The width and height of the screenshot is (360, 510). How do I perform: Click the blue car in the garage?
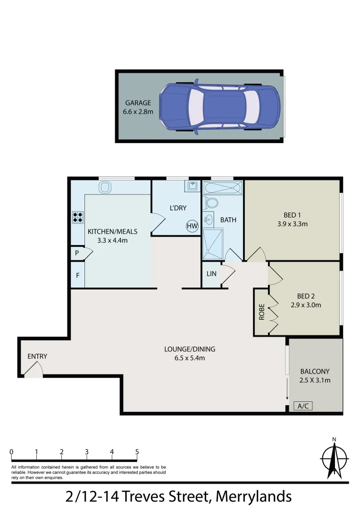tap(219, 107)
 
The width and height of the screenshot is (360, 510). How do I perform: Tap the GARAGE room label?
tap(138, 103)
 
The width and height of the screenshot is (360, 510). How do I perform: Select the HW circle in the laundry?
tap(192, 226)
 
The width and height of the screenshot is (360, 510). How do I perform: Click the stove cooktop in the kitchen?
tap(78, 217)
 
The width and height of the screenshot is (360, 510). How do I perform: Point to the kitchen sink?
tap(105, 187)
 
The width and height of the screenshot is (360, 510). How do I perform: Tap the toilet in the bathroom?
tap(212, 203)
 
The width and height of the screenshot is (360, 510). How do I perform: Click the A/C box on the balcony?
tap(302, 406)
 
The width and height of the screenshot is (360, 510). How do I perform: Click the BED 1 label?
tap(293, 215)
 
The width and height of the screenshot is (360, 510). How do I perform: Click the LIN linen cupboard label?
tap(211, 274)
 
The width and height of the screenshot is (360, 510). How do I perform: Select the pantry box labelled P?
tap(77, 253)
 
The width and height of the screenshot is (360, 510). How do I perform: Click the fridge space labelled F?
tap(77, 274)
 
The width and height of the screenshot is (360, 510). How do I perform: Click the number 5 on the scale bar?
tap(137, 452)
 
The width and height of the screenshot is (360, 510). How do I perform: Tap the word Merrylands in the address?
tap(253, 496)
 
